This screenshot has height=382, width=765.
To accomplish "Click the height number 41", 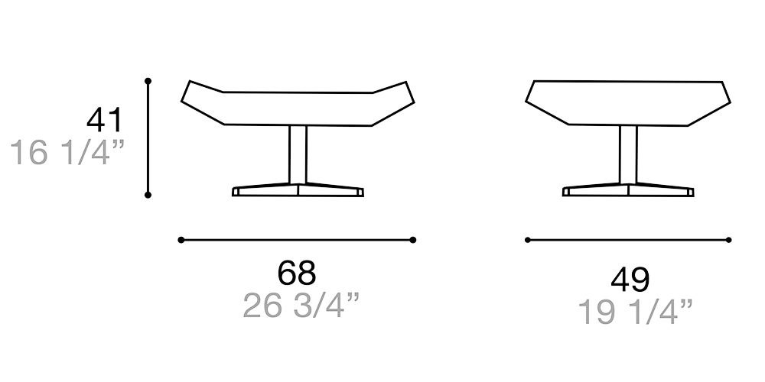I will [x=104, y=121].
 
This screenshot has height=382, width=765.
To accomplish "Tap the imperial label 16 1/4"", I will [x=67, y=153].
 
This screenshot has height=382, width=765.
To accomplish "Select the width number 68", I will [x=297, y=273].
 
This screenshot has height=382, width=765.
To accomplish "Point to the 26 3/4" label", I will [x=301, y=306].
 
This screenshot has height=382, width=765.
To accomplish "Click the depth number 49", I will [x=630, y=280].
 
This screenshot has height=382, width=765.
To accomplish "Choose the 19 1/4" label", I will [x=635, y=312].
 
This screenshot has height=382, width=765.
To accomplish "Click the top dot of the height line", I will [x=148, y=80].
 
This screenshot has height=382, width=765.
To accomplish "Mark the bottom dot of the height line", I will [x=148, y=195].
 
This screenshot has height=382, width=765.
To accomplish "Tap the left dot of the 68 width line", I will [x=181, y=240].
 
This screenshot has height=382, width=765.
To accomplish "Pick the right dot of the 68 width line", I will [x=413, y=240].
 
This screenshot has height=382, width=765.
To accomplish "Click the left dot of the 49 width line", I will [x=528, y=240].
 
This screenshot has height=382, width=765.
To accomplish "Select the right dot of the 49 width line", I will [x=728, y=240].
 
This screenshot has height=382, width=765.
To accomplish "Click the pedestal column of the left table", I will [x=298, y=154].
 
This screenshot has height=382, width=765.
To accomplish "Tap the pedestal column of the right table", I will [x=628, y=154].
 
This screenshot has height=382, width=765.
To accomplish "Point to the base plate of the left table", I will [x=298, y=190].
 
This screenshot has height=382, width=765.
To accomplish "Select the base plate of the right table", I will [x=628, y=190].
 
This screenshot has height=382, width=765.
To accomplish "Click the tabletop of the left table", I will [x=298, y=108].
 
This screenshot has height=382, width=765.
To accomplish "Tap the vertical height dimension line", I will [x=148, y=138].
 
